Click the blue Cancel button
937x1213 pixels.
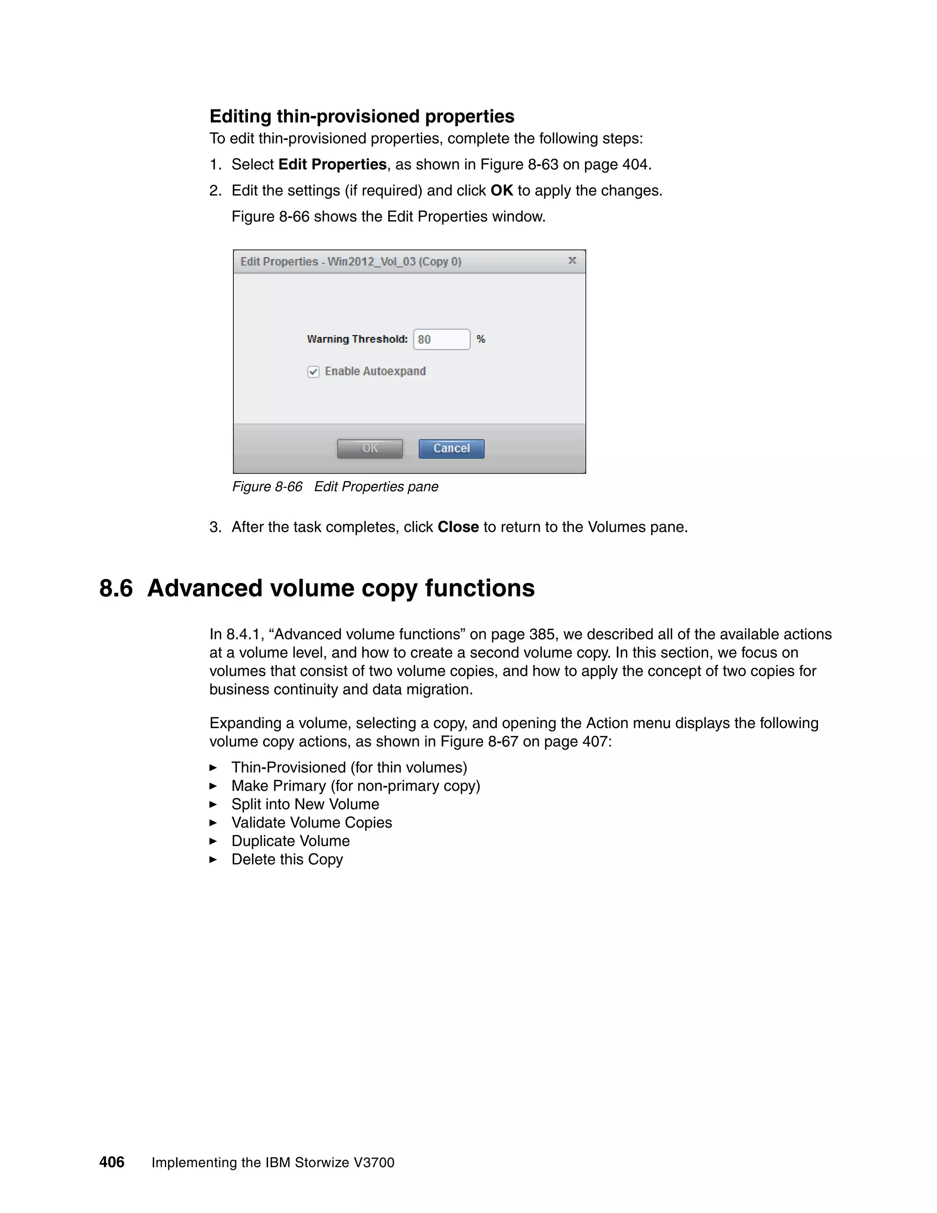point(451,449)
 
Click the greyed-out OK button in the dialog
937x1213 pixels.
point(370,449)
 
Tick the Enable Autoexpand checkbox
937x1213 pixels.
point(313,372)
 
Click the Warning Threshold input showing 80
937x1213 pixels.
point(442,339)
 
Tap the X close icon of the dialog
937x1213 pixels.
point(572,260)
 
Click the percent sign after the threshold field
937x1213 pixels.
point(481,339)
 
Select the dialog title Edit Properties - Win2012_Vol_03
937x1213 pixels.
point(350,261)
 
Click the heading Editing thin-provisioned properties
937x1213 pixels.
point(362,116)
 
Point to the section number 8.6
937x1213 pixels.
point(116,588)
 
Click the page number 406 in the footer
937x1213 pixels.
point(112,1162)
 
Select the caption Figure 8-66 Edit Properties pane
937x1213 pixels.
point(335,487)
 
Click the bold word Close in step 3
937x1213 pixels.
point(458,527)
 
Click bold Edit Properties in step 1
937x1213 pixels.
point(332,164)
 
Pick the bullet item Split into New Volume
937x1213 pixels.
point(305,804)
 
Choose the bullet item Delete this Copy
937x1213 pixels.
point(287,859)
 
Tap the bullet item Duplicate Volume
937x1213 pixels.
point(291,841)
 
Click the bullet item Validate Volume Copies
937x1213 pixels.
point(312,823)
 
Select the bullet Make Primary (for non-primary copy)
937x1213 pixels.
point(355,786)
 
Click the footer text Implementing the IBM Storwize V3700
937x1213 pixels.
point(273,1163)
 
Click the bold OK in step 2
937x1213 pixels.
point(501,190)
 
